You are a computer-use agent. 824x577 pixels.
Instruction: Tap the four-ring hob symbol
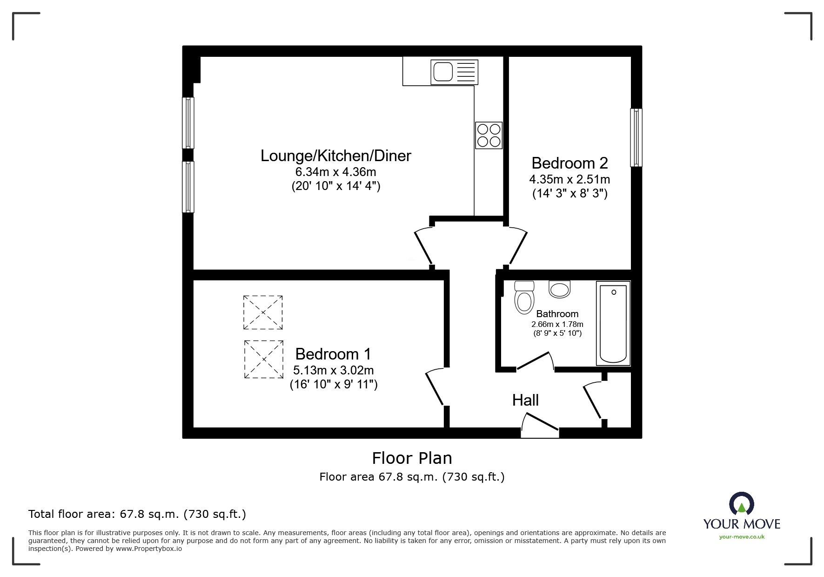click(x=489, y=135)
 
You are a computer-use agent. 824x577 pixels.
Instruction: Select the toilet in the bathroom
click(x=524, y=298)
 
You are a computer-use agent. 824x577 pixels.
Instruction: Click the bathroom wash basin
click(x=559, y=289)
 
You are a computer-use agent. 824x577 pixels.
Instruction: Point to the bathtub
click(x=613, y=324)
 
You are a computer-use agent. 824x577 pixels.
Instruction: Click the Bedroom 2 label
click(x=569, y=163)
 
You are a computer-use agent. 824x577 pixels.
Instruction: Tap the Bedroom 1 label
click(x=333, y=354)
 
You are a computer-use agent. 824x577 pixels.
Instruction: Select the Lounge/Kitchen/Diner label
click(x=335, y=156)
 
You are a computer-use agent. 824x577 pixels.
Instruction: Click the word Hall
click(x=525, y=400)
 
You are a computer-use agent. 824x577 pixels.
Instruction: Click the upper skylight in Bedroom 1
click(x=263, y=312)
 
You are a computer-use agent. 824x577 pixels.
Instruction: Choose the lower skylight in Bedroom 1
click(x=263, y=359)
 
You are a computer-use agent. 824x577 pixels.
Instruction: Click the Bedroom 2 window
click(x=636, y=137)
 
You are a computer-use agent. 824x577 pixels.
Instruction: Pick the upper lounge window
click(x=188, y=122)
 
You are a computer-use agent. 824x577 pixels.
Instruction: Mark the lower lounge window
click(x=188, y=187)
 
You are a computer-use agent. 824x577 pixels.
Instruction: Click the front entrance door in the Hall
click(x=539, y=428)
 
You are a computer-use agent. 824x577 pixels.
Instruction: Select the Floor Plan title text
click(x=412, y=458)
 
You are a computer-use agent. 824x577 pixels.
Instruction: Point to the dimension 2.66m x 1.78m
click(x=557, y=325)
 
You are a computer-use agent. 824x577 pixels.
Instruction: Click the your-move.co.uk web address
click(x=742, y=537)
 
